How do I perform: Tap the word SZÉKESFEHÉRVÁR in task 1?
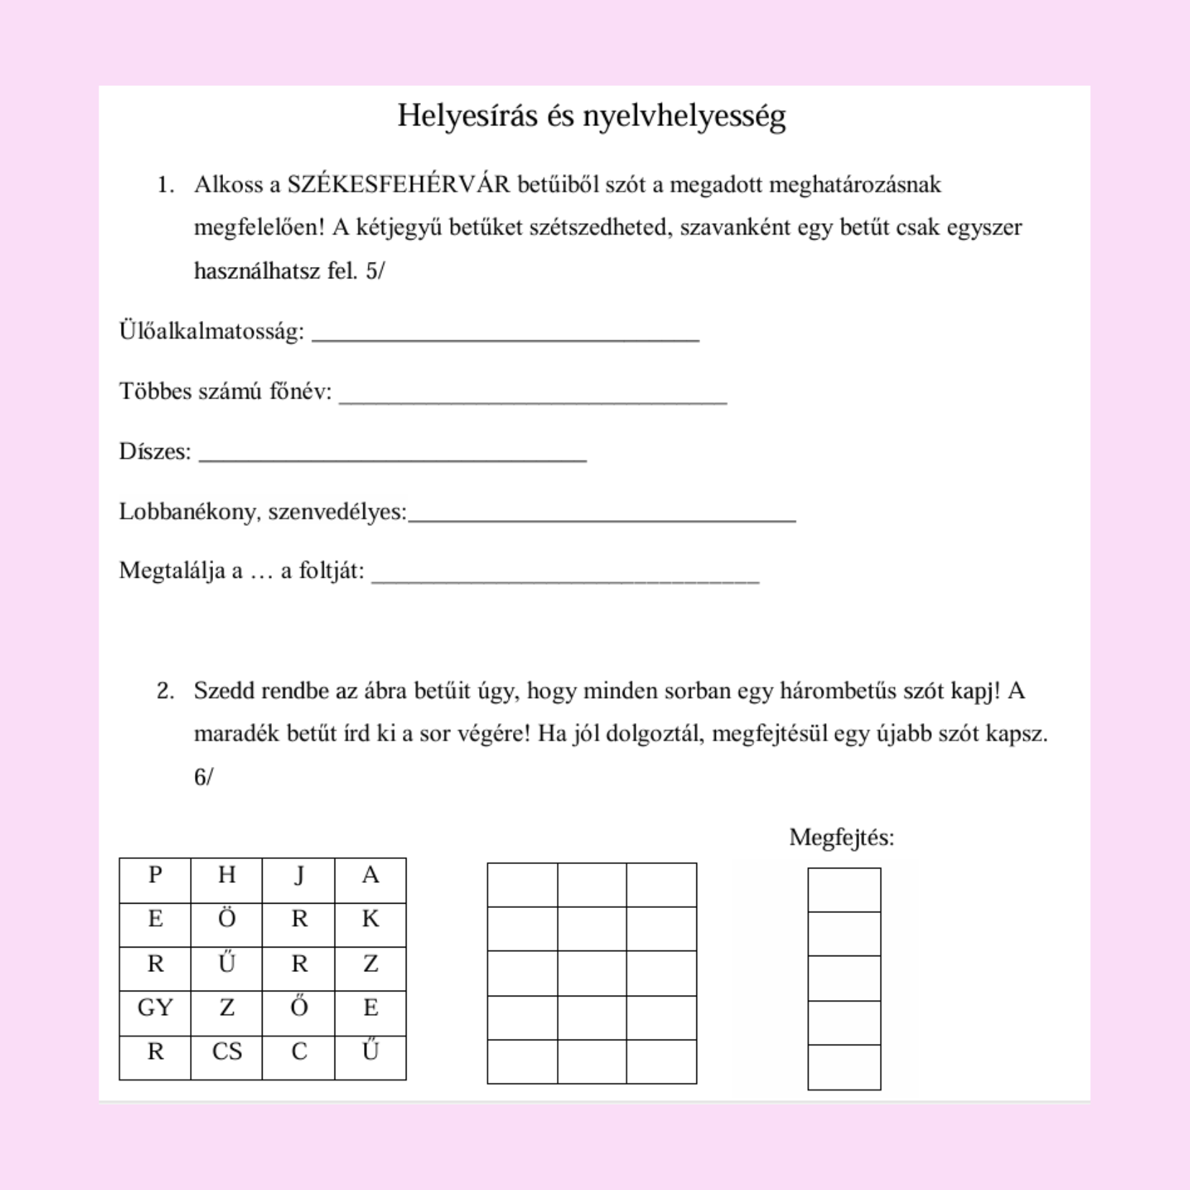point(398,185)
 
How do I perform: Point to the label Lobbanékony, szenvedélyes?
point(263,512)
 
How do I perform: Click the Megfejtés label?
point(841,837)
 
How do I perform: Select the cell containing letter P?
point(155,880)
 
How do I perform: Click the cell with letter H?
point(227,880)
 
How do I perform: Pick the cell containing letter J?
point(299,880)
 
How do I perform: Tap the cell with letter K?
point(371,925)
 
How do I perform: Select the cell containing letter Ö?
point(227,925)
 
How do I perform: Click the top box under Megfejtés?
point(844,890)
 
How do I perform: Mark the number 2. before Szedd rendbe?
point(165,691)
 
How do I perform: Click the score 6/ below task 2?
point(204,777)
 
